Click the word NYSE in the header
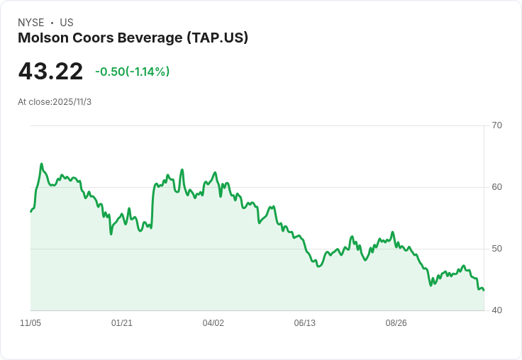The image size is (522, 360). tap(30, 23)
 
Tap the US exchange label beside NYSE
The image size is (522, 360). tap(67, 23)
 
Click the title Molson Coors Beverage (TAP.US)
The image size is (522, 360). tap(133, 38)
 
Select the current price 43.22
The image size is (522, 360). tap(50, 72)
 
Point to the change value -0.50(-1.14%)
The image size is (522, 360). tap(132, 72)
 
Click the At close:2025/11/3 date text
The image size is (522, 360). tap(55, 102)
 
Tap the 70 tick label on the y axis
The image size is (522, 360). tap(496, 125)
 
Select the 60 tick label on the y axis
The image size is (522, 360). tap(496, 187)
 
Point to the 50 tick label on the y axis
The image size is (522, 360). tap(496, 249)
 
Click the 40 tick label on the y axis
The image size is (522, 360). tap(496, 310)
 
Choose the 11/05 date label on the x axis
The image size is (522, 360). tap(30, 323)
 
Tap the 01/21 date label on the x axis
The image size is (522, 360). tap(122, 323)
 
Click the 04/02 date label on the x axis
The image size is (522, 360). tap(213, 323)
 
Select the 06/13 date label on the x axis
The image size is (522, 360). tap(305, 323)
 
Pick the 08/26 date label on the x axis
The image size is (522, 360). tap(396, 323)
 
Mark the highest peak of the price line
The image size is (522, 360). tap(42, 164)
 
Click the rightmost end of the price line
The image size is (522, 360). tap(484, 290)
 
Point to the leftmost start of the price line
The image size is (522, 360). tap(30, 212)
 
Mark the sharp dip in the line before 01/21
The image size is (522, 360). tap(111, 234)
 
